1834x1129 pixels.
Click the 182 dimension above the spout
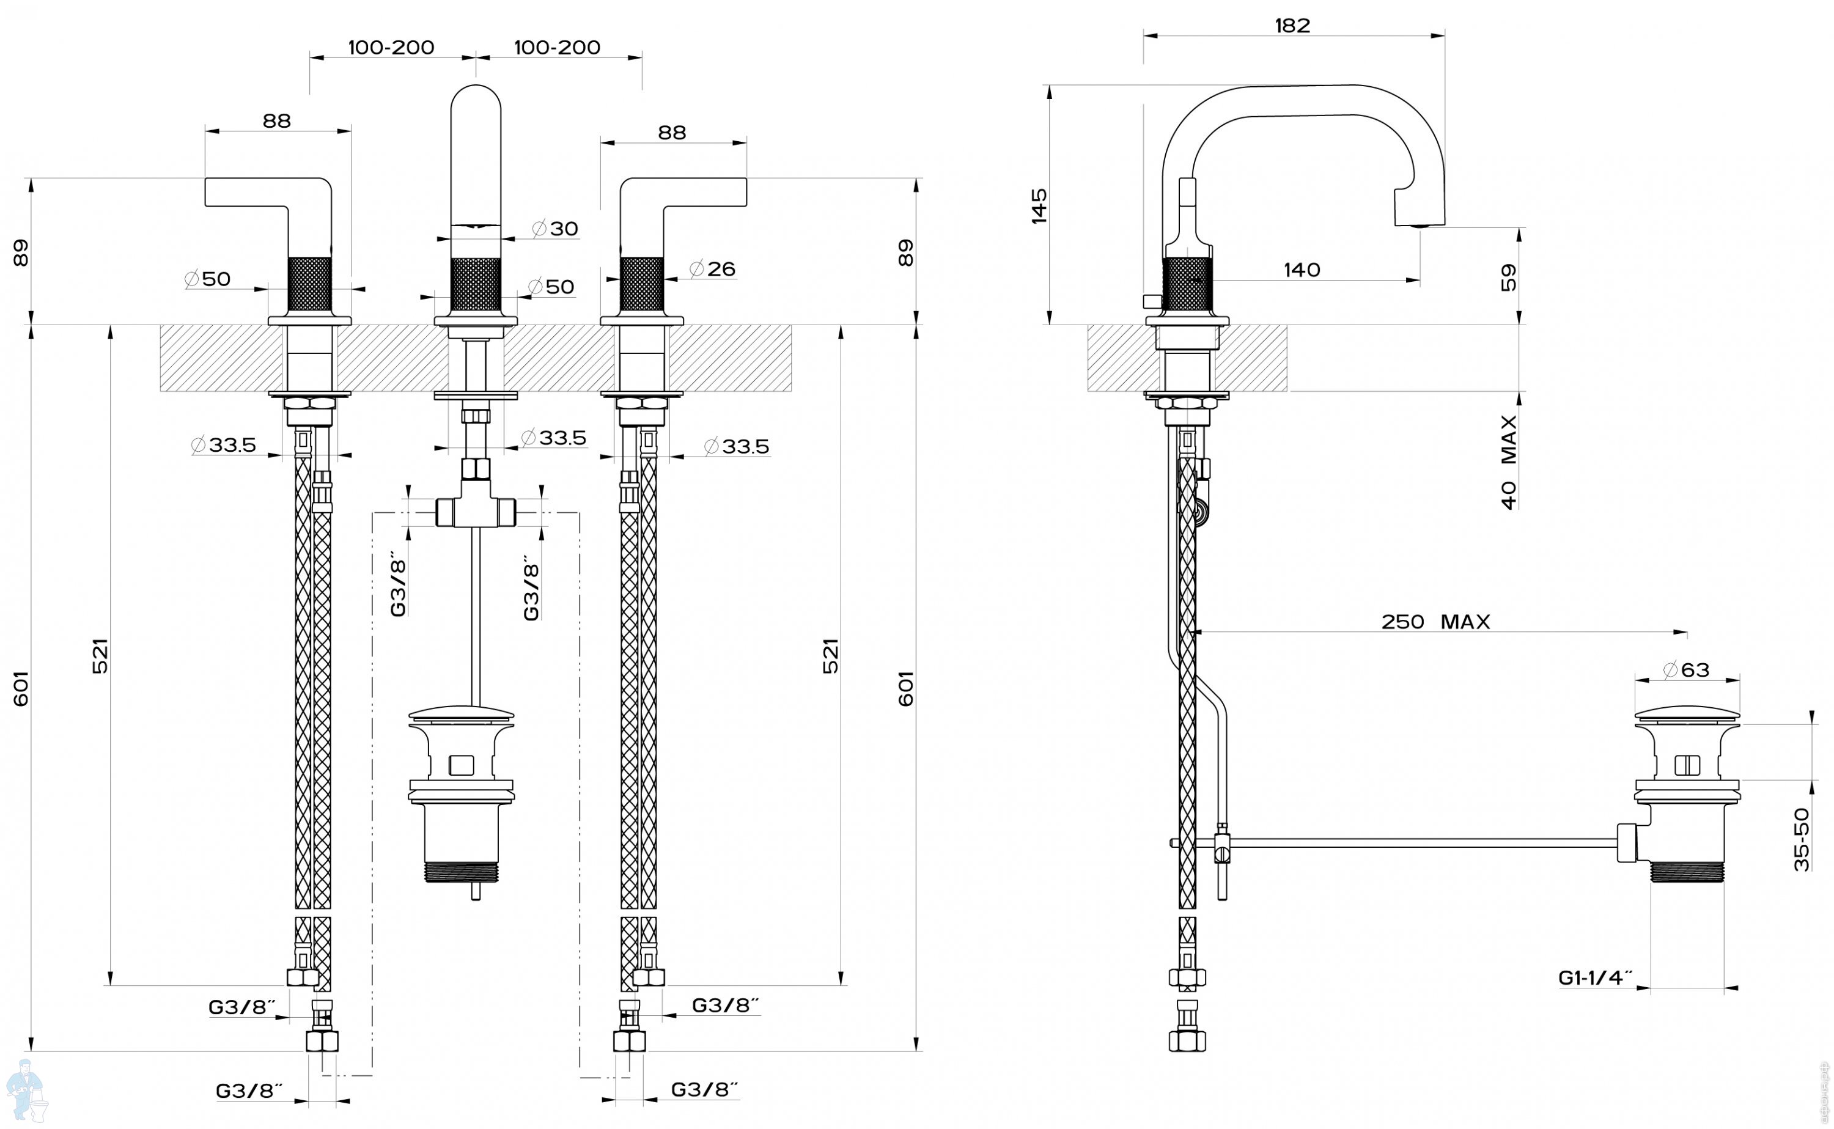[x=1292, y=26]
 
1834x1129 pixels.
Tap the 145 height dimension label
[x=1039, y=205]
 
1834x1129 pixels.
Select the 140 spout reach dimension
[x=1302, y=270]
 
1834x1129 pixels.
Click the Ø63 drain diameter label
[x=1686, y=669]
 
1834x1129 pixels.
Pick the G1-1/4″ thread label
[x=1595, y=977]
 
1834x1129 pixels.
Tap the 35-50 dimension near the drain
[x=1802, y=839]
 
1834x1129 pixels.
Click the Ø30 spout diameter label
[x=556, y=229]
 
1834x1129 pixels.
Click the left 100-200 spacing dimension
[x=391, y=47]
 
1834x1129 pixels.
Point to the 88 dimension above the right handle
[x=672, y=132]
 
